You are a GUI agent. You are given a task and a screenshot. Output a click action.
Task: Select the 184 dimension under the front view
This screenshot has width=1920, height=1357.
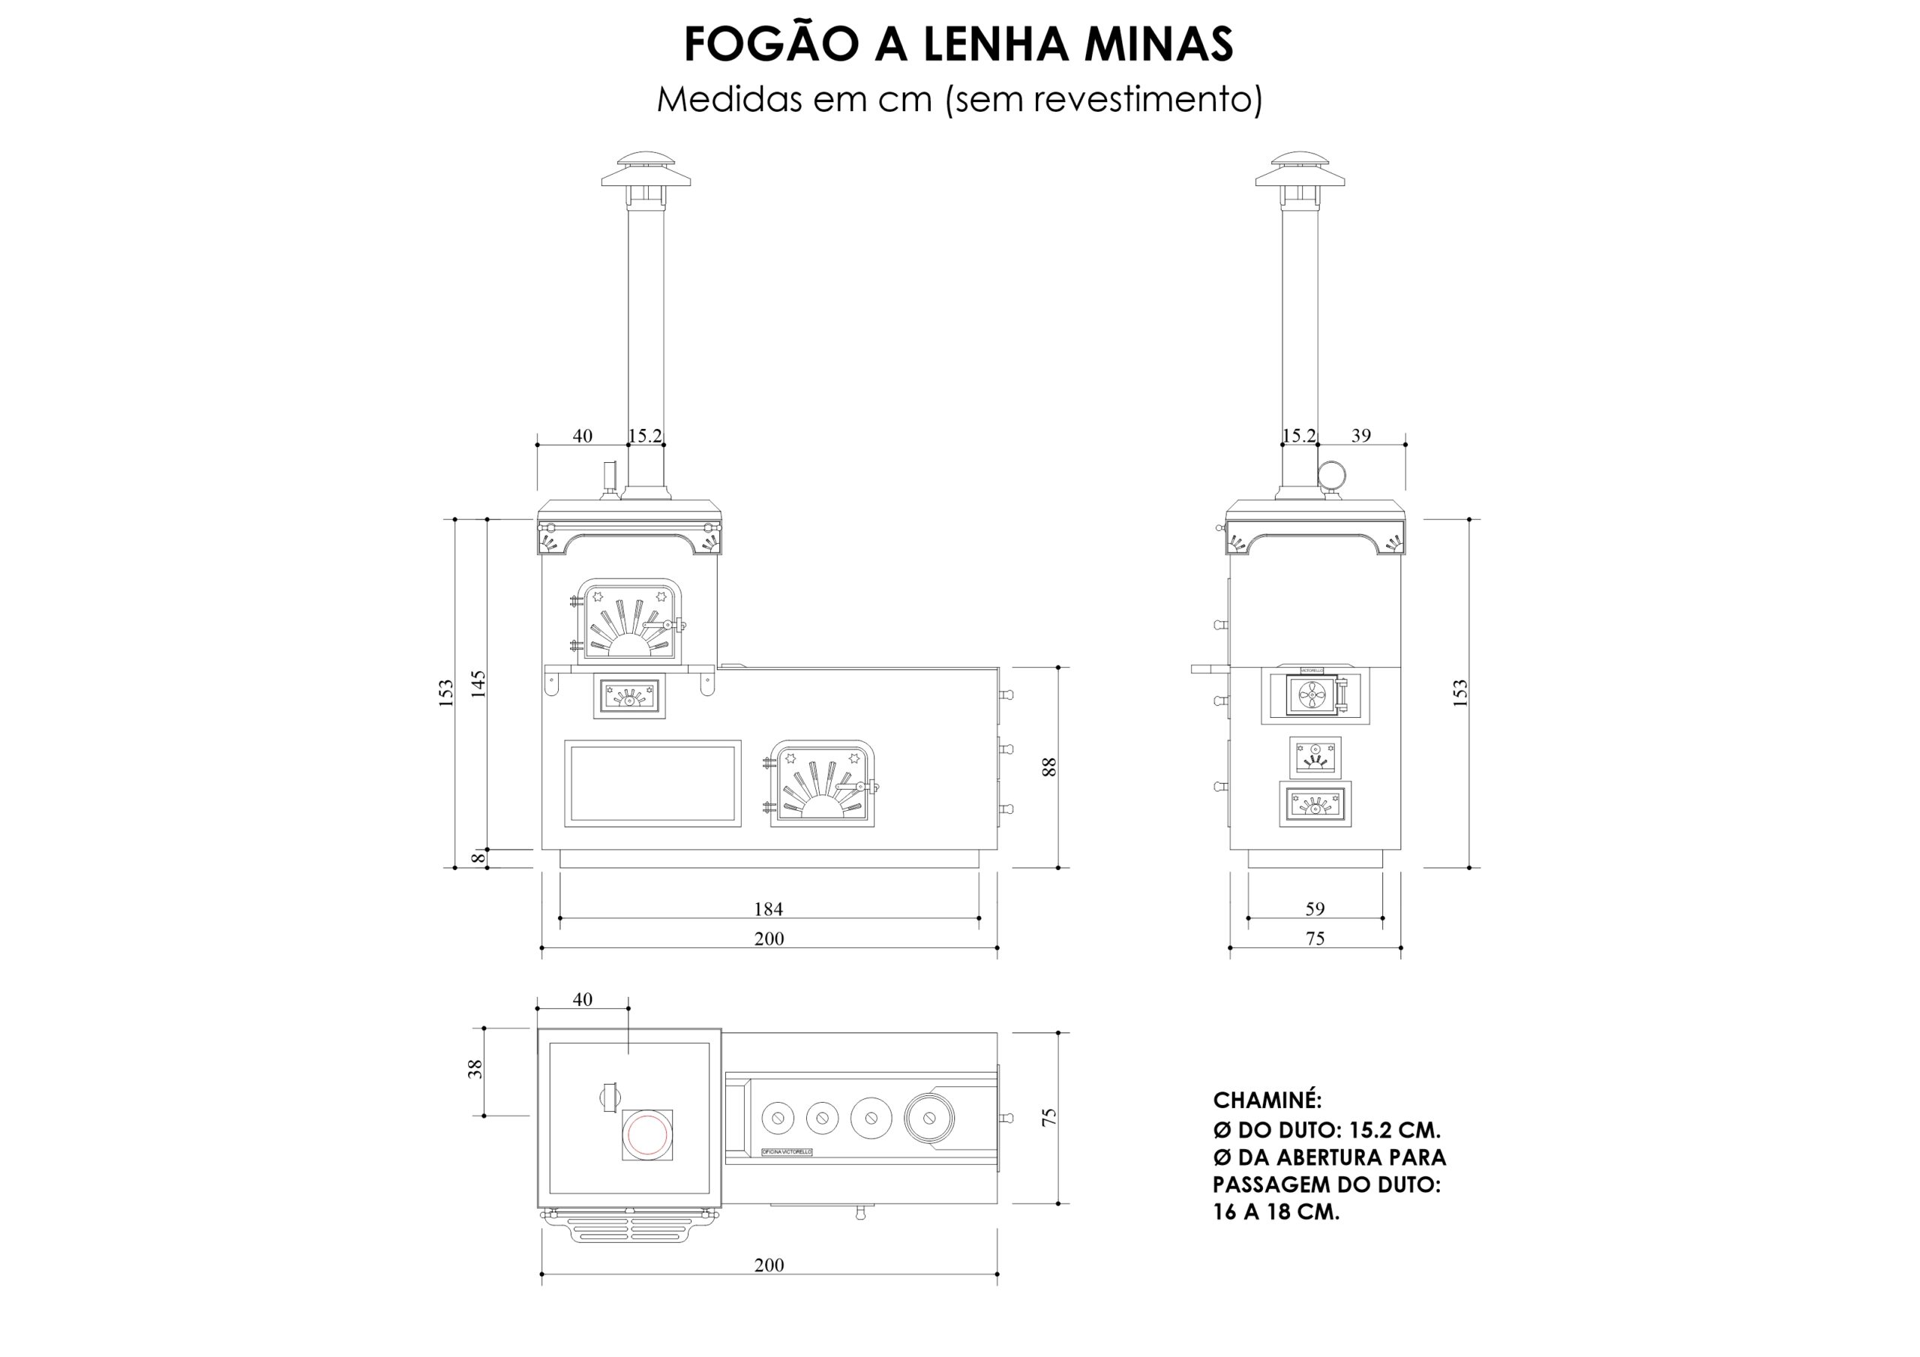pos(768,908)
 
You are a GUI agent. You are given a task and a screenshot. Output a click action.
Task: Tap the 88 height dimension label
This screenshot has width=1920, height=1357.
pos(1049,767)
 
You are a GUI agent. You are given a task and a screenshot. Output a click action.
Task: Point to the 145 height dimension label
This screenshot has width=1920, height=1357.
pos(478,683)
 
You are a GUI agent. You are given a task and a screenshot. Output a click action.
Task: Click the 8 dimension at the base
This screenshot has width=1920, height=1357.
pos(478,857)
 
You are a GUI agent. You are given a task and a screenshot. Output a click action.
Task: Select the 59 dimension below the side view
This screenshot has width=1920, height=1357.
pos(1315,908)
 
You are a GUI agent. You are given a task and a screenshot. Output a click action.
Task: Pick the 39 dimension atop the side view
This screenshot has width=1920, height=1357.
pos(1360,435)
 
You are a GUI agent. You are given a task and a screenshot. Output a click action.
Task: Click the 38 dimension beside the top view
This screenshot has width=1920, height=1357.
pos(475,1069)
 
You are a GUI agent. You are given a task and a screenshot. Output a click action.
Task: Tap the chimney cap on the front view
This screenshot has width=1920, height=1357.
pos(646,172)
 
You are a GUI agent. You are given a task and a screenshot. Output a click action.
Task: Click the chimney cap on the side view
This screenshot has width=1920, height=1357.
pos(1300,172)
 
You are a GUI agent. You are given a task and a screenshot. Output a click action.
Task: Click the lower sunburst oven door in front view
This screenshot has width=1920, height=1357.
pos(823,784)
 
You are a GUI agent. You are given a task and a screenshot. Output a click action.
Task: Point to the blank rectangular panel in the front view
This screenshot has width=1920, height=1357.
pos(652,784)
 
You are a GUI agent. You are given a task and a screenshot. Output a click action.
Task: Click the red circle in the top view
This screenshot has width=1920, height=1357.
pos(647,1134)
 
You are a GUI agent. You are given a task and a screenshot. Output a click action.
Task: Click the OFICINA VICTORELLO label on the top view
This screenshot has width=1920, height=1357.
pos(786,1152)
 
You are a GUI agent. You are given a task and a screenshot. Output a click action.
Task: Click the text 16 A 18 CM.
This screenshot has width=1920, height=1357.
pos(1276,1211)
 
